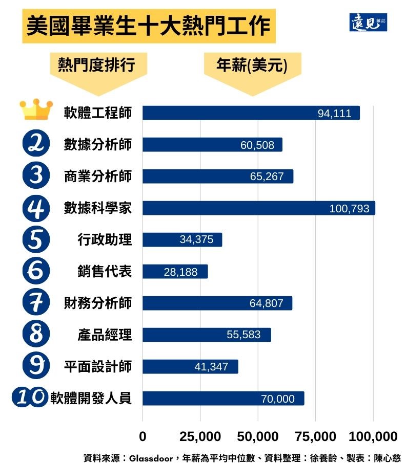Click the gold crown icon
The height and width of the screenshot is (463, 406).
click(36, 109)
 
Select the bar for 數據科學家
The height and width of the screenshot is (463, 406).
click(258, 208)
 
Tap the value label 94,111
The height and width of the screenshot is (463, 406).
click(334, 114)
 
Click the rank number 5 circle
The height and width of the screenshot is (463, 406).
click(36, 239)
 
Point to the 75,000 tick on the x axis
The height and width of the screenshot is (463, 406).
click(315, 436)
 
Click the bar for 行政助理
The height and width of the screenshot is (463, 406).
click(182, 239)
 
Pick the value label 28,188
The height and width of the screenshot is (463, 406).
click(180, 272)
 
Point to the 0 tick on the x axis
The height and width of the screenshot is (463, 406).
click(143, 436)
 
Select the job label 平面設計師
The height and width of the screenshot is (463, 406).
click(97, 366)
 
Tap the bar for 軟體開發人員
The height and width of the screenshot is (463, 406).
click(223, 398)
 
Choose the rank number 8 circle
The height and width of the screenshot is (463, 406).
click(36, 335)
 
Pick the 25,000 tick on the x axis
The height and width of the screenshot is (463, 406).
click(200, 436)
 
